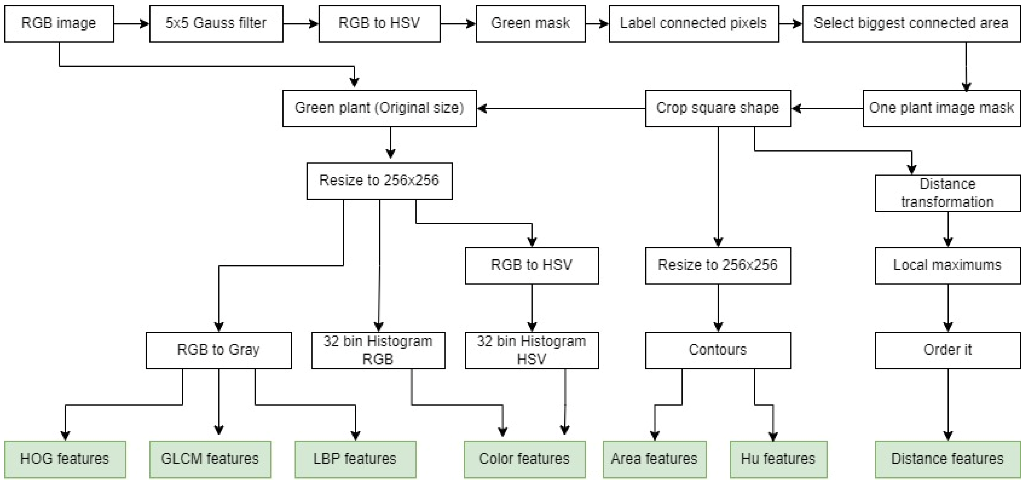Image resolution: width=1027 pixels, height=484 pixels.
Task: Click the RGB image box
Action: pos(59,23)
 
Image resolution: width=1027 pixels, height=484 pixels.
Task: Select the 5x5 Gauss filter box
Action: pos(216,23)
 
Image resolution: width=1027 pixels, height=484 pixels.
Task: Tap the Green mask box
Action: pos(531,23)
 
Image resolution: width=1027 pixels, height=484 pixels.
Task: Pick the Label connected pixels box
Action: pos(694,23)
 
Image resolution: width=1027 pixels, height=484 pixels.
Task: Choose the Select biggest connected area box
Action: pos(911,23)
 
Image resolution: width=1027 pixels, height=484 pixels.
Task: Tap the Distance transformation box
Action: pos(948,193)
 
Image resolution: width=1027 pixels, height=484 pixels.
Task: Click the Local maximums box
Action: pos(948,265)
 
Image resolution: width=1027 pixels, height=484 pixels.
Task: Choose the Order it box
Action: pos(948,350)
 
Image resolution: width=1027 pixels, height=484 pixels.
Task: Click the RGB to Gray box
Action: pos(219,350)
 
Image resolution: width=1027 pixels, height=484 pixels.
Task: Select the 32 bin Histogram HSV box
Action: pos(532,350)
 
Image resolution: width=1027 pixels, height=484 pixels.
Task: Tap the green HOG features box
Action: pos(65,459)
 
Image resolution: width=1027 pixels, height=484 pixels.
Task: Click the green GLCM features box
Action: pos(210,459)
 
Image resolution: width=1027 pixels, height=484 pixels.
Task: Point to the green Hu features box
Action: pos(778,459)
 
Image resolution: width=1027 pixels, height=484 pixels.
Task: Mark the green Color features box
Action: pos(524,459)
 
